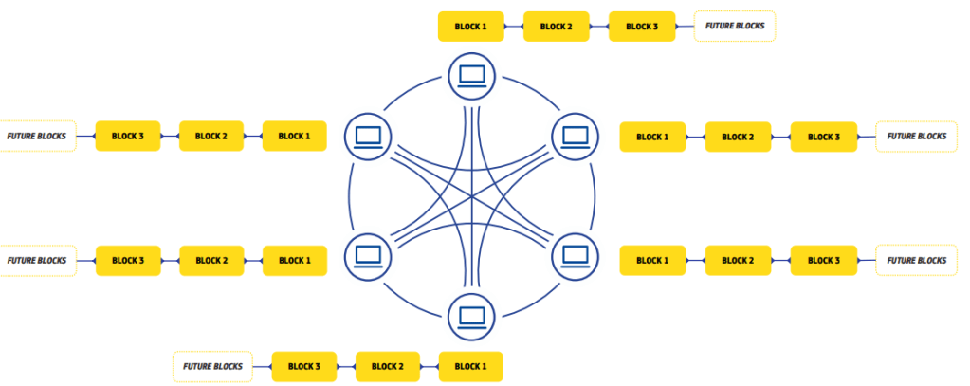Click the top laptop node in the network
tap(471, 75)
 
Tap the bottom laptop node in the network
tap(471, 317)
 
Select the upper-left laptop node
tap(368, 136)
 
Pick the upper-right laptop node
tap(575, 136)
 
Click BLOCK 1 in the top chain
tap(470, 27)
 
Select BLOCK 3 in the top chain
tap(641, 27)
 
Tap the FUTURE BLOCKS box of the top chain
tap(734, 27)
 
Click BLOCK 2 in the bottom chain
tap(387, 366)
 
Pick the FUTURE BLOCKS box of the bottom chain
tap(212, 366)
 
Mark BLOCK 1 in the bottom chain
tap(470, 366)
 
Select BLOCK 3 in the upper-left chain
tap(128, 137)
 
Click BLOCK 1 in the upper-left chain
tap(294, 137)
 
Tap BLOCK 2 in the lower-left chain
tap(211, 261)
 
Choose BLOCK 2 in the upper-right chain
tap(738, 138)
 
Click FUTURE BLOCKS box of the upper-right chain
tap(916, 138)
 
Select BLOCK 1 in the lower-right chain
tap(652, 261)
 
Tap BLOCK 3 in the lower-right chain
tap(823, 261)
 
